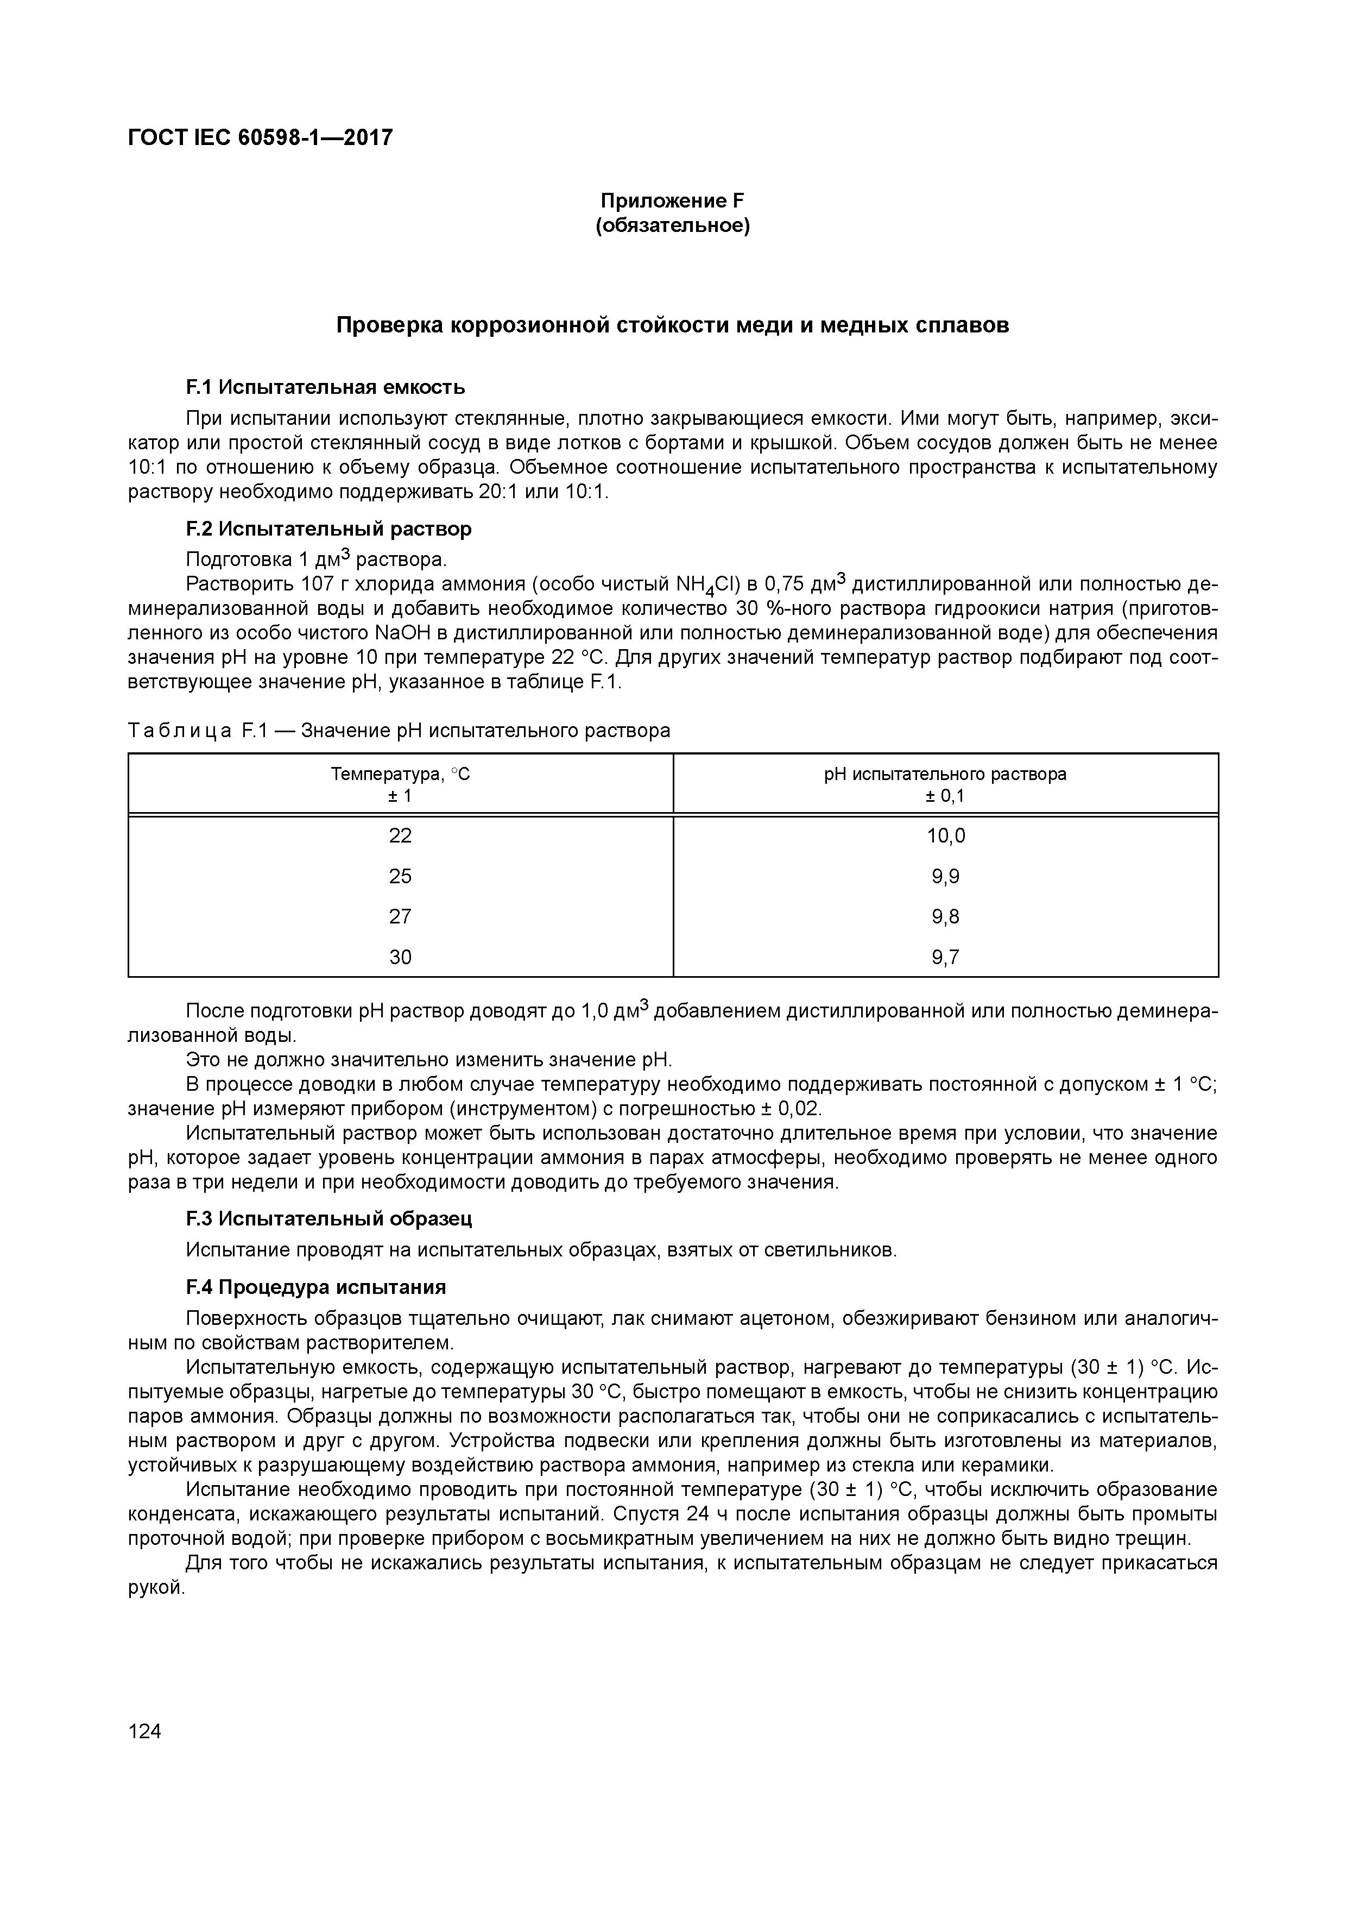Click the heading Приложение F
673,201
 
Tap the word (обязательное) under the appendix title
673,225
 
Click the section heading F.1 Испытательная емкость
325,387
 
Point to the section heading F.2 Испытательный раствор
328,529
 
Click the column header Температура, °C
401,774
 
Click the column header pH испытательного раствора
945,774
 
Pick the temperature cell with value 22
401,835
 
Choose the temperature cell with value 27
401,917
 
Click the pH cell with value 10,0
945,835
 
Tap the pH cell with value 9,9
945,876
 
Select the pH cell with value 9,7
945,958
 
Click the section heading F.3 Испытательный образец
328,1219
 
